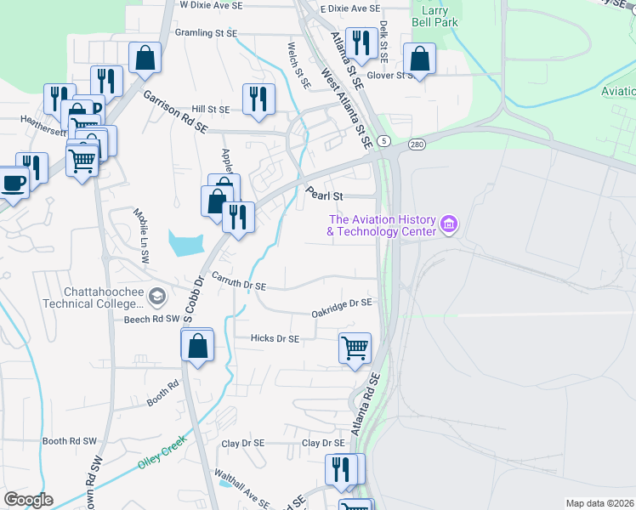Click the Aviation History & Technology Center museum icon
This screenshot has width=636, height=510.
point(449,225)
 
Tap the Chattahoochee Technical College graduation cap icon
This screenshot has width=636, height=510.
point(156,296)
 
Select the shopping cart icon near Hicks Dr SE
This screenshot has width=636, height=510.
point(355,347)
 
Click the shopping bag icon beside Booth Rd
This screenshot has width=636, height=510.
point(197,345)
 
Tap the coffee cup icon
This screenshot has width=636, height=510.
point(13,182)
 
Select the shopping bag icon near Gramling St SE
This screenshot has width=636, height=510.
point(145,58)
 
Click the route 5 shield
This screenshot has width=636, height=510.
point(384,140)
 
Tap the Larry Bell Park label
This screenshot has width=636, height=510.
point(434,16)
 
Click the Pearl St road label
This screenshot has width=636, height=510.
point(325,195)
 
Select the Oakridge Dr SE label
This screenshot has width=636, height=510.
point(342,303)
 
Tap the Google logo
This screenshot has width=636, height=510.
point(27,500)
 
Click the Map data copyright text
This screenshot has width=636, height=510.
point(599,503)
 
